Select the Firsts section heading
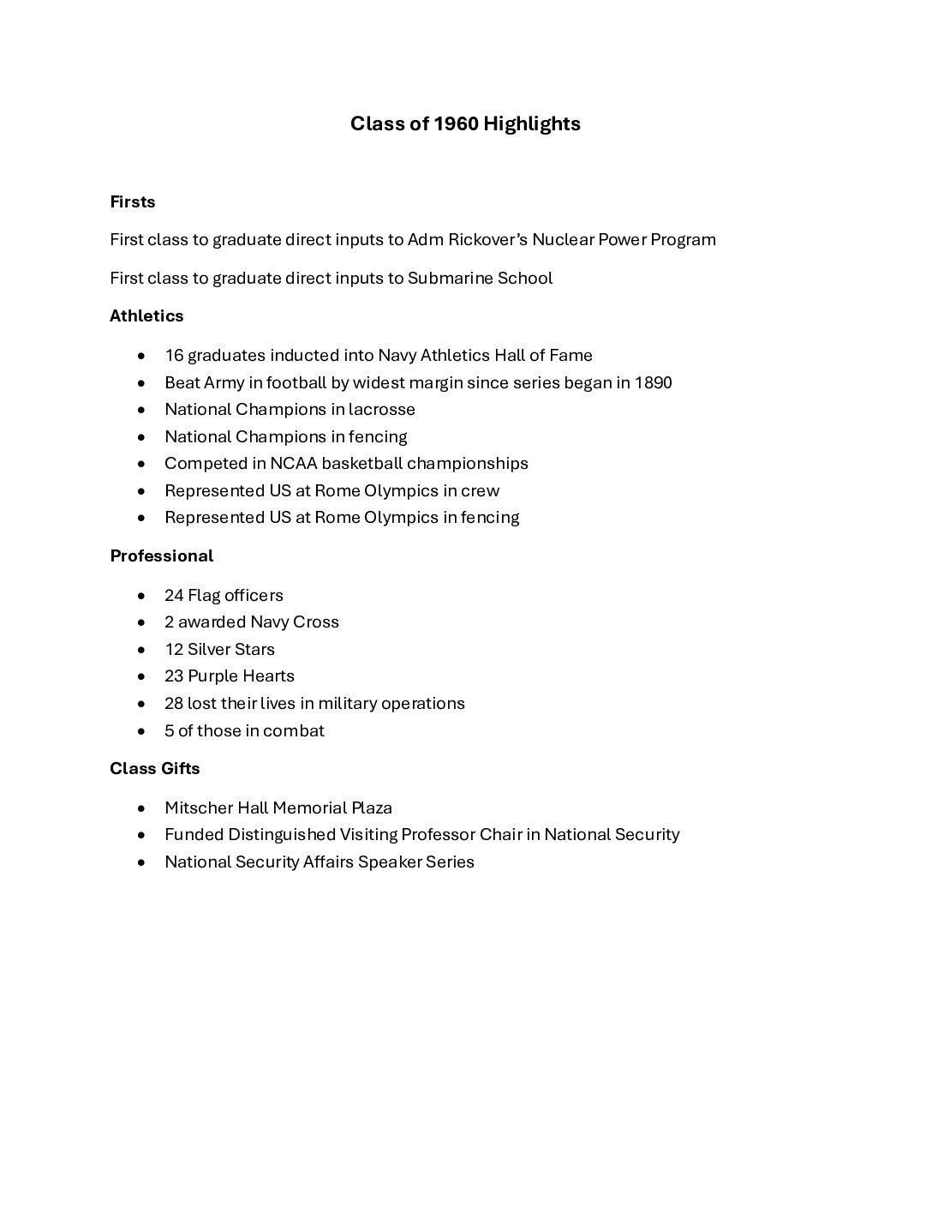click(133, 202)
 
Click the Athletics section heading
click(146, 316)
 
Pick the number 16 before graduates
click(174, 355)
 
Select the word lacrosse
click(381, 409)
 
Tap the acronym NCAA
click(293, 464)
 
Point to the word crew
click(481, 490)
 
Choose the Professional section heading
click(161, 556)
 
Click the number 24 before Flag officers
click(174, 595)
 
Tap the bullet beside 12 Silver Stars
click(141, 650)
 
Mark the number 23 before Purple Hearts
click(174, 676)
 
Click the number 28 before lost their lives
click(174, 703)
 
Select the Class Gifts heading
click(155, 769)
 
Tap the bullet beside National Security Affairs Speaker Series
click(141, 862)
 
